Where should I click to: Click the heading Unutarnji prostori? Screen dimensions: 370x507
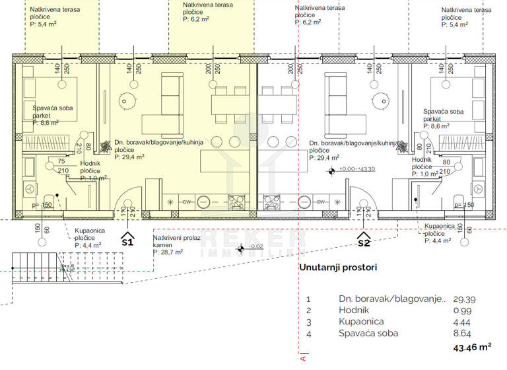(x=338, y=268)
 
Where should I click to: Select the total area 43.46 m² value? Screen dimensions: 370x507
(x=472, y=347)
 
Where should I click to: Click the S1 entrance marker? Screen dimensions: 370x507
(x=128, y=239)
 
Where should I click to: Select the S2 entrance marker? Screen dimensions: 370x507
(x=363, y=239)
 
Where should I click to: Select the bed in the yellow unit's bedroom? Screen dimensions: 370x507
(x=50, y=92)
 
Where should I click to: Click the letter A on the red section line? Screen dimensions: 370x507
(x=302, y=361)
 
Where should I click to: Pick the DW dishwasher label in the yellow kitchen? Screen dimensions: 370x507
(x=187, y=202)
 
